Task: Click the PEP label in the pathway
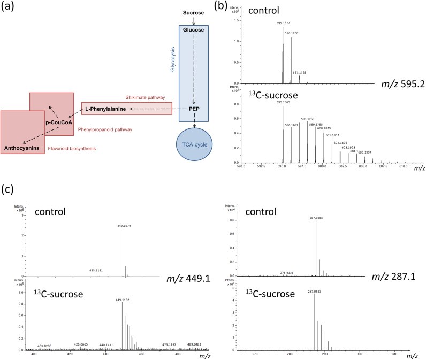click(x=194, y=109)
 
